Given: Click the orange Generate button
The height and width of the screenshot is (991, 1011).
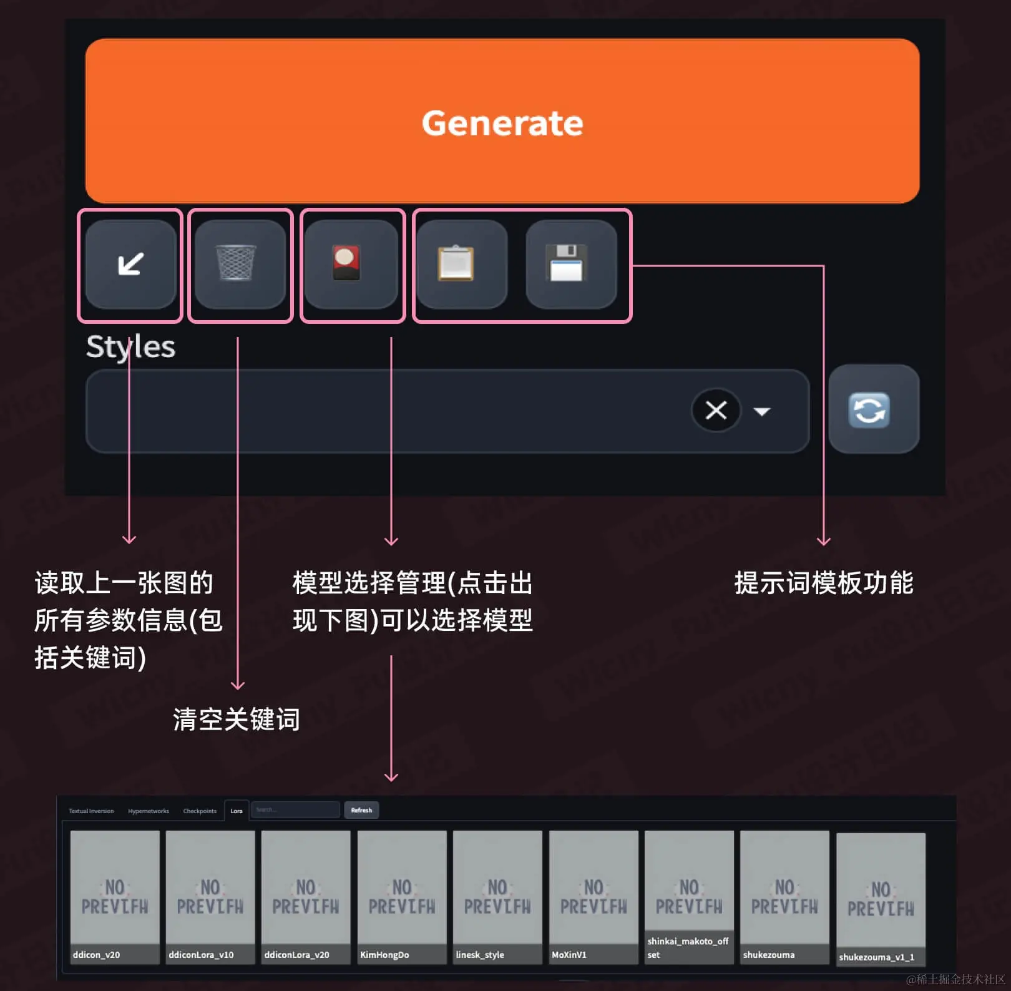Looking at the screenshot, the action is (x=502, y=121).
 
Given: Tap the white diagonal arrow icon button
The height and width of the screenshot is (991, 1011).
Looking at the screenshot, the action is (x=130, y=264).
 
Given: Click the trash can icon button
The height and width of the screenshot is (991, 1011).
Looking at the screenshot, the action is (x=240, y=264).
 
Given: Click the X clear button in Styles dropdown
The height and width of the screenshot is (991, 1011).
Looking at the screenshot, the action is (x=715, y=410).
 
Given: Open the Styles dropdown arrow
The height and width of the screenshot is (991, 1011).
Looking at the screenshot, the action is (x=762, y=411).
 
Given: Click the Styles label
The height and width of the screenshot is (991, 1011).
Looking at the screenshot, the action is (x=130, y=347).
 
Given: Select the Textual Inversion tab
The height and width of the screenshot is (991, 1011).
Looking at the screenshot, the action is (x=91, y=811).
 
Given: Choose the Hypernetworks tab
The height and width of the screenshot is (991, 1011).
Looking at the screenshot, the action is (x=148, y=811).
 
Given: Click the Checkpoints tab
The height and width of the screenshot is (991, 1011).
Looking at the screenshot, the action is (x=200, y=811).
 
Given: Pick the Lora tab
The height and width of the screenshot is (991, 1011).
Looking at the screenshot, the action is (x=237, y=811).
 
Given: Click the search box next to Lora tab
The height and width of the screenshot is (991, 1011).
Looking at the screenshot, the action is (x=295, y=810).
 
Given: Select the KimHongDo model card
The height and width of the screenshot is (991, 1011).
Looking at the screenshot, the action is (x=402, y=896).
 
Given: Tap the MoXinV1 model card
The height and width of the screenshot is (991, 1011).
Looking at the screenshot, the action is (x=593, y=896).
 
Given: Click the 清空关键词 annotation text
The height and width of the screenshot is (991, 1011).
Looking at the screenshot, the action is (x=236, y=719).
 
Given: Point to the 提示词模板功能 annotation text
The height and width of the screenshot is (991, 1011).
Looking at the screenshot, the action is (x=823, y=583).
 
